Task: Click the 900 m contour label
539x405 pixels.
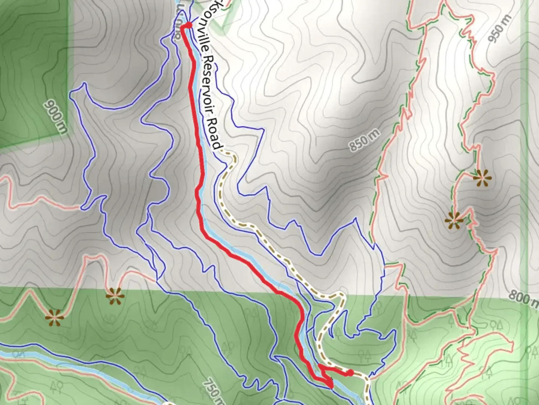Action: tap(57, 117)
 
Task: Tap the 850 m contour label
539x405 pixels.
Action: tap(365, 141)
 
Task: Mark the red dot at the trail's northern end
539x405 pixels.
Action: tap(188, 25)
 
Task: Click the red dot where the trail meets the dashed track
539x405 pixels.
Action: tap(350, 372)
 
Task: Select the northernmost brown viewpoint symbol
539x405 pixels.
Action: tap(482, 178)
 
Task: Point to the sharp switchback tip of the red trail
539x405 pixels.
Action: tap(331, 385)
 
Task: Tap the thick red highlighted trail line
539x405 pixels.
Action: tap(198, 150)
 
